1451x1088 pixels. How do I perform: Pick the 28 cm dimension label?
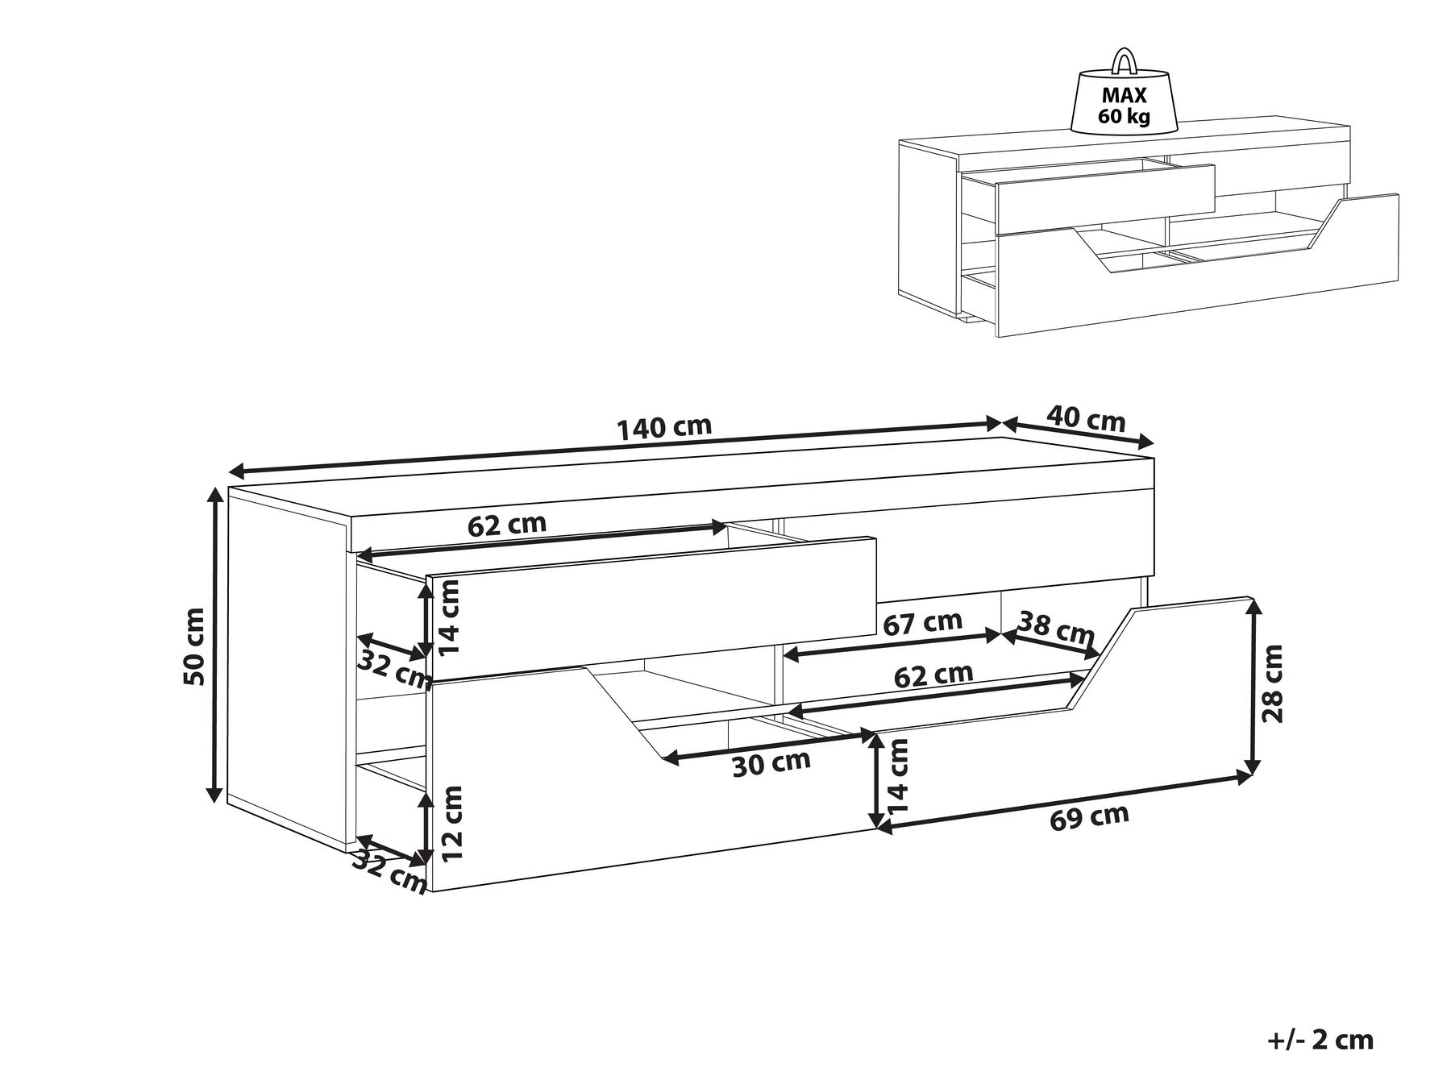click(1274, 683)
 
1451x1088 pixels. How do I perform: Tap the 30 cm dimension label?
click(771, 763)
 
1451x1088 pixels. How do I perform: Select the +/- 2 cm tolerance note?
click(1320, 1040)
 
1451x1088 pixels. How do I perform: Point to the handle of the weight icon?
click(1122, 60)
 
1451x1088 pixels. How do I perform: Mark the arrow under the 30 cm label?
click(768, 745)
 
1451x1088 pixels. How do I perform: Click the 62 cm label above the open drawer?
click(507, 525)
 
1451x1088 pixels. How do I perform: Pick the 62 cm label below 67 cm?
click(933, 674)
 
